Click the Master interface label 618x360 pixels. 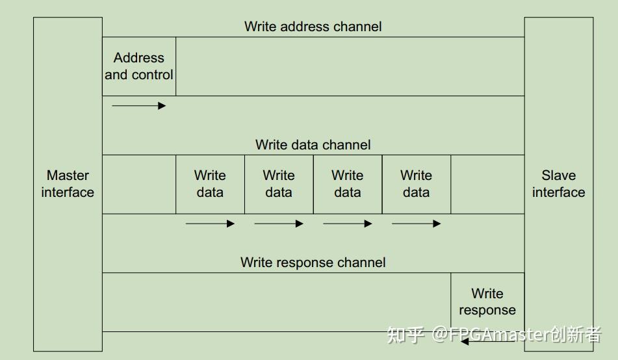68,184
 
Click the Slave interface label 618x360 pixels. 558,184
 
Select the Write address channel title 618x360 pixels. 313,27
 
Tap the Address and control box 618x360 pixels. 139,66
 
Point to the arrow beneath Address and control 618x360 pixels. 139,105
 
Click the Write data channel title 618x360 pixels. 313,144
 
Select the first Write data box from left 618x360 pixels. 210,184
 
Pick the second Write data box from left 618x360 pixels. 279,184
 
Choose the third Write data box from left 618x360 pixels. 348,184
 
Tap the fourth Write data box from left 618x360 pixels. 416,184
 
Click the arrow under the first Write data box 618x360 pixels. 210,224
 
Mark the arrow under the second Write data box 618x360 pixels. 279,224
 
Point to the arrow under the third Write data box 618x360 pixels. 348,224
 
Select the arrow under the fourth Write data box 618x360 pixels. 416,224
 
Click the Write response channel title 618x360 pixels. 313,263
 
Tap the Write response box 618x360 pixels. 487,302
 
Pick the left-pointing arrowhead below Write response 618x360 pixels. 464,341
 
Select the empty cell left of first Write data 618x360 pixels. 139,184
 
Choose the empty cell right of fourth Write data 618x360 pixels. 487,184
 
